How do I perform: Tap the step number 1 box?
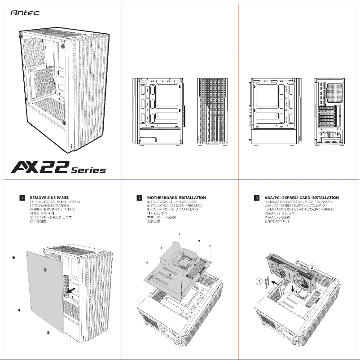(22, 198)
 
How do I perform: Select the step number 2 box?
(140, 198)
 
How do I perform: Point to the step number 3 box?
(256, 198)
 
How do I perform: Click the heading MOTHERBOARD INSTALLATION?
(176, 198)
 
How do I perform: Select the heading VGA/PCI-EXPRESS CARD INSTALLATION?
(301, 198)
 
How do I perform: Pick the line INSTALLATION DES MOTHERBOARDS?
(174, 206)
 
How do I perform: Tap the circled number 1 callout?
(259, 282)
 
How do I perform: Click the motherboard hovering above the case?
(177, 269)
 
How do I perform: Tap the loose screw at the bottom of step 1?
(48, 333)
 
